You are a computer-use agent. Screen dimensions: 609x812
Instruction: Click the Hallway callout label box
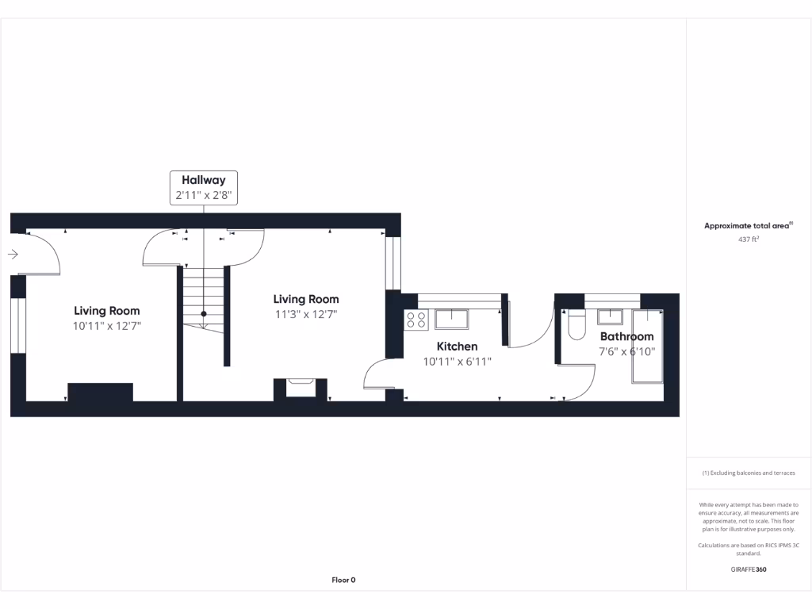203,188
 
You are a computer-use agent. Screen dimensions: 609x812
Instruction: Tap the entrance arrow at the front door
13,255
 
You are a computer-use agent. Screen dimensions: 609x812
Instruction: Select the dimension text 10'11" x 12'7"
107,326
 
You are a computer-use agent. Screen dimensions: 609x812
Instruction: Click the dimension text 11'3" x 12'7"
306,314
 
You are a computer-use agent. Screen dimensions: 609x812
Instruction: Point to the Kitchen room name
458,347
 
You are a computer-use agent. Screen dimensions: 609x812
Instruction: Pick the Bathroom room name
626,337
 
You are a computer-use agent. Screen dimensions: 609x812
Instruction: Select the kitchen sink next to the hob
450,319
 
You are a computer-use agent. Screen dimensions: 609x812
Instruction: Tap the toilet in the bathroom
576,324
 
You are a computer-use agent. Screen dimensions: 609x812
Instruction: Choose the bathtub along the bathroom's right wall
647,346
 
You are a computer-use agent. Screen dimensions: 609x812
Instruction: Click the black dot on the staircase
204,314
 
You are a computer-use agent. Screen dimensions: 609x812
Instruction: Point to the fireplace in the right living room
301,389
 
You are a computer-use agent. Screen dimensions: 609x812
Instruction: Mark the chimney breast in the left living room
100,392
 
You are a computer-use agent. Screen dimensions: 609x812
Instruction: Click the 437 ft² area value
749,239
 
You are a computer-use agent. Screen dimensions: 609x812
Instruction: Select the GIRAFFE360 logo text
749,569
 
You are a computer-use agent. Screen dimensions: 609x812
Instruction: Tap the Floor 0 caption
343,580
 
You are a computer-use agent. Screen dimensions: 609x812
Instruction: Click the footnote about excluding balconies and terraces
749,473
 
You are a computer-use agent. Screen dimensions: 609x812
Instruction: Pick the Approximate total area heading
748,226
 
